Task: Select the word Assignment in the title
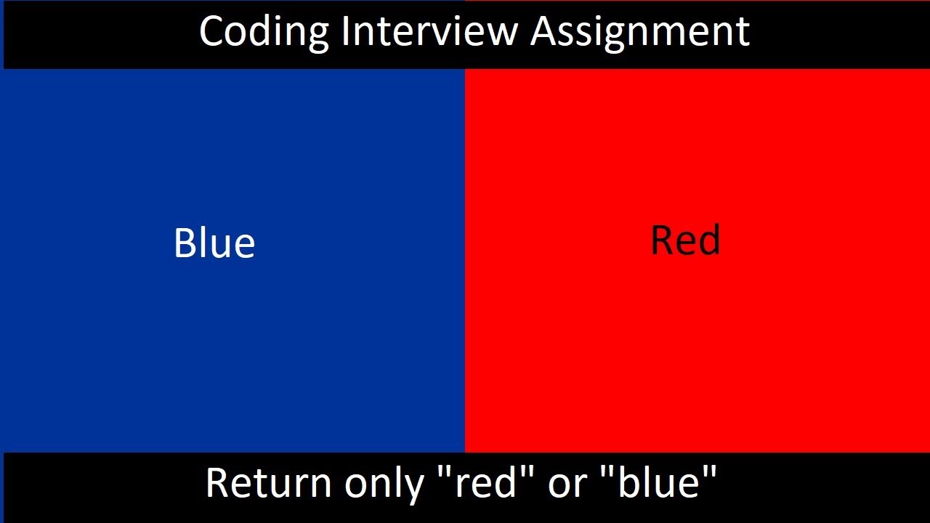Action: [640, 33]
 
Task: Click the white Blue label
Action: [214, 243]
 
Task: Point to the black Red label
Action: [685, 240]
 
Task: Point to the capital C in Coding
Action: [211, 32]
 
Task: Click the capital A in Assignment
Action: [546, 32]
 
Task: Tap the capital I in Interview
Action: [344, 32]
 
